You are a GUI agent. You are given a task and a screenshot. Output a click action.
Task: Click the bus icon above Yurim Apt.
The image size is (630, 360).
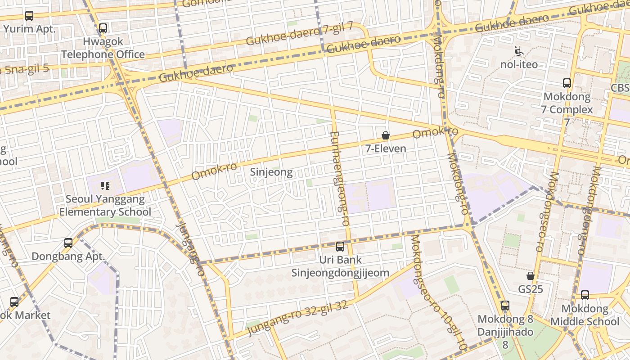point(29,16)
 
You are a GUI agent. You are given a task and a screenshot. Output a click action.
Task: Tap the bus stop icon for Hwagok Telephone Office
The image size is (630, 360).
point(103,28)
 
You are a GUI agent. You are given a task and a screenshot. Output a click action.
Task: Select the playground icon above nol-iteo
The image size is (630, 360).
point(519,51)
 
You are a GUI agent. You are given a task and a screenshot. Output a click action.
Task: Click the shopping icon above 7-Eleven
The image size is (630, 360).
point(386,135)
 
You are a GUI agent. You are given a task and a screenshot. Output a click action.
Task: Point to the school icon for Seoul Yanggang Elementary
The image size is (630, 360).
point(105,186)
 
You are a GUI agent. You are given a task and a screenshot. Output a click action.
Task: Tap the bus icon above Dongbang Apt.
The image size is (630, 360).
point(68,243)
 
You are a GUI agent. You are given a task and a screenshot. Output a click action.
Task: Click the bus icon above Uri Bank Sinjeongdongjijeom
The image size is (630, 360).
point(340,247)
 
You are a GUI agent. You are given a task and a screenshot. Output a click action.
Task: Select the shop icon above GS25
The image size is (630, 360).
point(531,276)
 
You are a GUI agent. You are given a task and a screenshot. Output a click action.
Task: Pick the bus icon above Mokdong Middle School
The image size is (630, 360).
point(585,295)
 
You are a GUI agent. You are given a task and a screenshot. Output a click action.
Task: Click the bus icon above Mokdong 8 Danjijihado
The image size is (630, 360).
point(505,306)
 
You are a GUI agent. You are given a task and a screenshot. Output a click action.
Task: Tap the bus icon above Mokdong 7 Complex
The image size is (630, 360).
point(567,83)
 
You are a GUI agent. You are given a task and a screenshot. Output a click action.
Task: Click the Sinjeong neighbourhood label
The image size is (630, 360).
point(271,172)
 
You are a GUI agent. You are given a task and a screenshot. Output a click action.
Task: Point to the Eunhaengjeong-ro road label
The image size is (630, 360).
point(340,179)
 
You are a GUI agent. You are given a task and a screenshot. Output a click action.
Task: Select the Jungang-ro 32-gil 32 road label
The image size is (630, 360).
point(297,319)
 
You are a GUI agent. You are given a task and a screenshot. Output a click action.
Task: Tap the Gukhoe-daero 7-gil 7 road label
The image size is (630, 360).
point(300,34)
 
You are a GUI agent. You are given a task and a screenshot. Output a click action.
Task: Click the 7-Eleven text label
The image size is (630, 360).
point(386,148)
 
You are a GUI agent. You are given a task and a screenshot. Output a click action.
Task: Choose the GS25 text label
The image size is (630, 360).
point(531,289)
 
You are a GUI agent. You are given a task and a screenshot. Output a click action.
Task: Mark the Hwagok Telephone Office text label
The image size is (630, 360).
point(103,48)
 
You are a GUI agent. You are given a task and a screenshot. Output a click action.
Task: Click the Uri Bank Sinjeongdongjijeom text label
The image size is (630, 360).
point(340,266)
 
